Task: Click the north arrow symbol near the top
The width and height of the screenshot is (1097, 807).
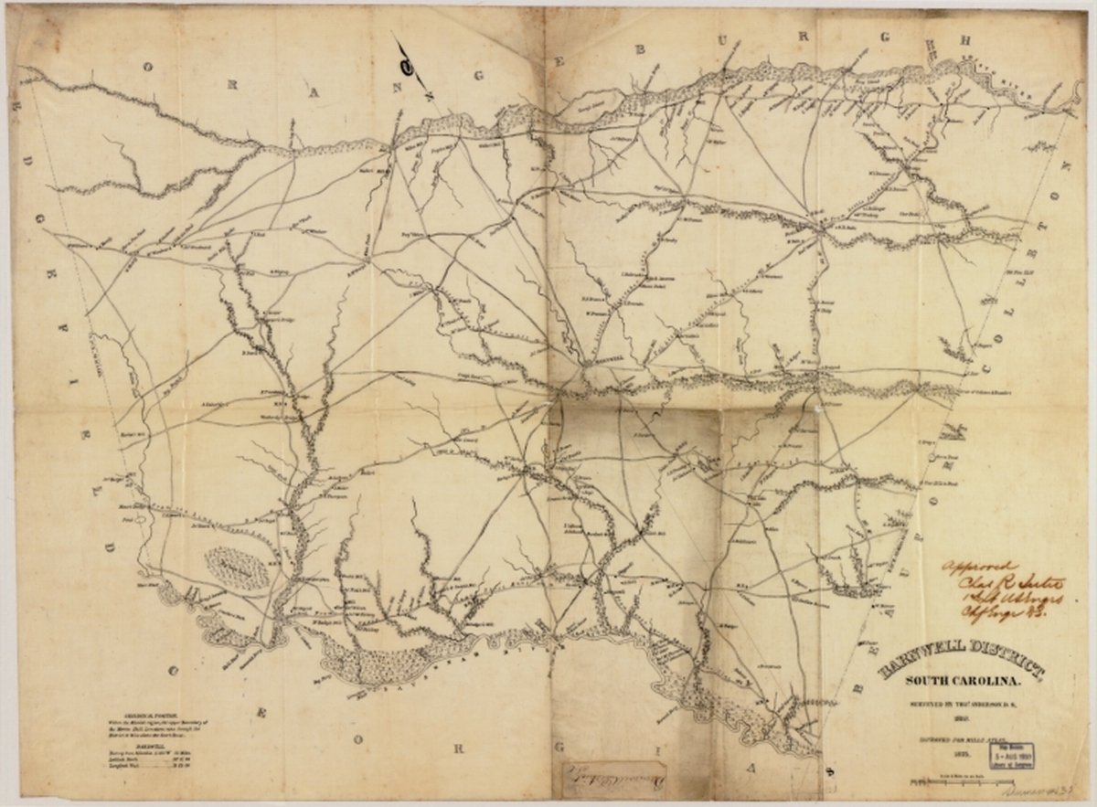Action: click(410, 62)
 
